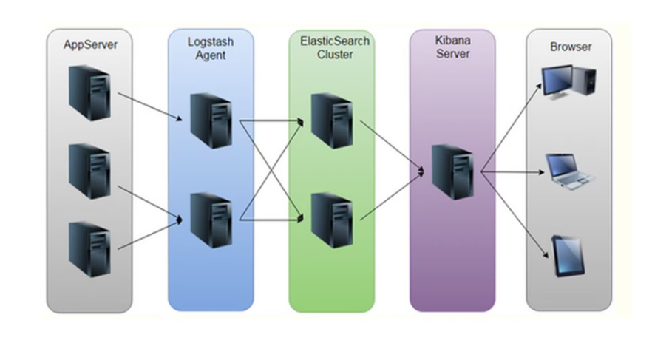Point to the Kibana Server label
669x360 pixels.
(x=452, y=48)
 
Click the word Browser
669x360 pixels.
(x=570, y=47)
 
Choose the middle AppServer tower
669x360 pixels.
(x=89, y=171)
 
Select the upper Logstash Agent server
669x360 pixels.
(x=209, y=120)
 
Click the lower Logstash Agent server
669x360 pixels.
(x=209, y=220)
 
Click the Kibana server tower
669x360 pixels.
(x=451, y=171)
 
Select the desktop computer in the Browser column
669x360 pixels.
(x=568, y=84)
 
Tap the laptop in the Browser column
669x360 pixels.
(x=568, y=172)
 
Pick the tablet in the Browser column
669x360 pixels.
(x=566, y=256)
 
